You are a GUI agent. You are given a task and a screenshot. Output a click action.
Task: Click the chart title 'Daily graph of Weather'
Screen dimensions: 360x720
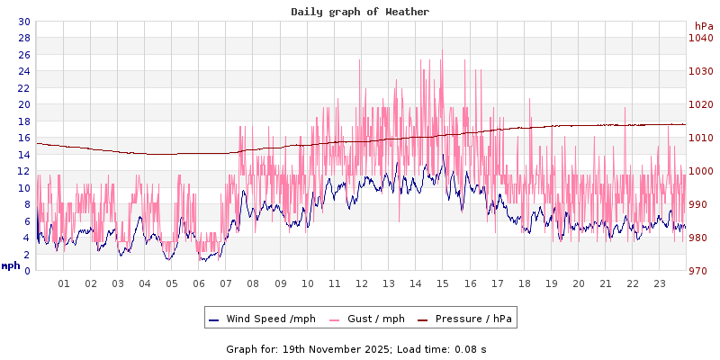360,12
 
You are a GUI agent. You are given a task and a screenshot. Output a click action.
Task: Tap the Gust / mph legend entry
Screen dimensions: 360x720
366,319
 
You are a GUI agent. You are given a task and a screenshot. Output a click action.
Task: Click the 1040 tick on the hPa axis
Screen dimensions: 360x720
700,38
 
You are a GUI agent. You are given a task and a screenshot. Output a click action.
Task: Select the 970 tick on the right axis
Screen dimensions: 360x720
700,271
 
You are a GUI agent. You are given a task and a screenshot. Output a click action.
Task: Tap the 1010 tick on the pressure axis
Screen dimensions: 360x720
700,138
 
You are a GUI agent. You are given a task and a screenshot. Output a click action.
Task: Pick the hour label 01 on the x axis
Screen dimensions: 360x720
64,283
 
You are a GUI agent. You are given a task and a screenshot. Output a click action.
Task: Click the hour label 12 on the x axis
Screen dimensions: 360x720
362,283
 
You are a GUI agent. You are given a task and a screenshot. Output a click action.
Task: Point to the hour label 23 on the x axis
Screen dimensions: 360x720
659,283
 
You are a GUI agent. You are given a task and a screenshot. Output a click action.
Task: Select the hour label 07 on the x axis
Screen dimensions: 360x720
226,283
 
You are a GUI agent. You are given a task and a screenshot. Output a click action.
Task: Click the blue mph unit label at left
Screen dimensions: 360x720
11,265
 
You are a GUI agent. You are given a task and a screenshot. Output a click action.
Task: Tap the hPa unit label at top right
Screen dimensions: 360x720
704,26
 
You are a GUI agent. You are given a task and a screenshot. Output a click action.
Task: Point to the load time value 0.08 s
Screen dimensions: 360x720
471,349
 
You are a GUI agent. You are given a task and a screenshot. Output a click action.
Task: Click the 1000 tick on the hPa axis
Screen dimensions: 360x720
700,171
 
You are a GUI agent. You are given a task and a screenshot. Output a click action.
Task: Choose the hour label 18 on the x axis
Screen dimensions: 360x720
524,283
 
